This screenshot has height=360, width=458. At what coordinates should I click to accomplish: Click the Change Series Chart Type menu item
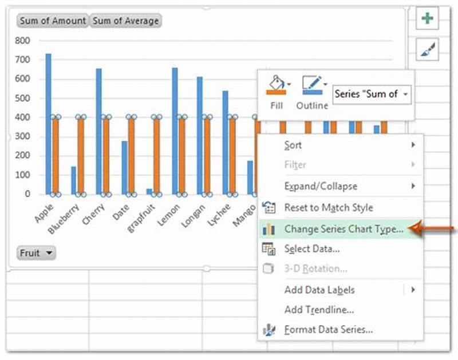[343, 229]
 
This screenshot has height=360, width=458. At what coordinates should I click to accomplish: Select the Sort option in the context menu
[293, 145]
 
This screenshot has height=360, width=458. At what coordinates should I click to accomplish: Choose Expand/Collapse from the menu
[321, 186]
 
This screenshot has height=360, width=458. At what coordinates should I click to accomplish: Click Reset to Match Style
[328, 207]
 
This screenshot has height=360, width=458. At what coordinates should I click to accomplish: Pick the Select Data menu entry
[312, 248]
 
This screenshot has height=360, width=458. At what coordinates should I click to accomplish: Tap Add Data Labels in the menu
[319, 290]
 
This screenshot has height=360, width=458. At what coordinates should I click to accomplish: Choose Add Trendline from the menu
[319, 310]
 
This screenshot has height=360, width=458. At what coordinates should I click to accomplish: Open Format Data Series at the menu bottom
[329, 330]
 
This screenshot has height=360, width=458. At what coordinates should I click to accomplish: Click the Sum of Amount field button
[53, 21]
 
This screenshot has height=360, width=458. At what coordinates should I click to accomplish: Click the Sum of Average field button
[125, 21]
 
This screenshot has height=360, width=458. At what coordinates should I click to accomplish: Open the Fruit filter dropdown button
[37, 252]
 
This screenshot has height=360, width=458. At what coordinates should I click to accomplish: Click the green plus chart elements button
[427, 19]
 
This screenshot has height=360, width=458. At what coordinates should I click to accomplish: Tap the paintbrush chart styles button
[427, 50]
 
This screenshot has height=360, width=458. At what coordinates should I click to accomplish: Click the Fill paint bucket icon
[277, 85]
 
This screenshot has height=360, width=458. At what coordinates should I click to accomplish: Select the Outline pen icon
[312, 85]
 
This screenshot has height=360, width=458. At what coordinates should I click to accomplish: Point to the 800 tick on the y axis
[22, 41]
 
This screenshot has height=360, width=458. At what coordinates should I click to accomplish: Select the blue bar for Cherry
[99, 131]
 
